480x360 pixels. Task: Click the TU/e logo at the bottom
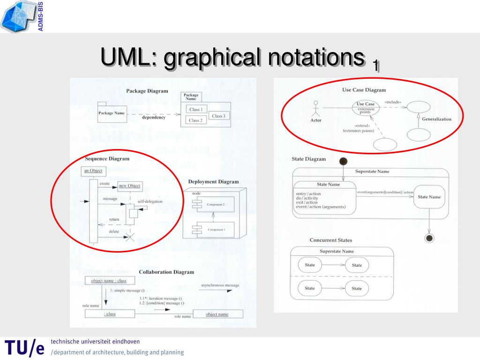[24, 347]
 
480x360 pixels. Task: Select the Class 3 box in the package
[218, 116]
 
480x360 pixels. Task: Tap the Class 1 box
[196, 109]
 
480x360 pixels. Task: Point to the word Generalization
[436, 119]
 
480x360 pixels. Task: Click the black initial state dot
[343, 161]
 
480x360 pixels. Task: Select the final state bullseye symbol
[428, 238]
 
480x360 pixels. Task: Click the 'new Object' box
[129, 186]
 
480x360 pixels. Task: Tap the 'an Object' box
[93, 171]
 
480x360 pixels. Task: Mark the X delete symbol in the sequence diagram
[130, 236]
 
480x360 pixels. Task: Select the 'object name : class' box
[109, 281]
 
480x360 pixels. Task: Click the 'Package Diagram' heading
[147, 91]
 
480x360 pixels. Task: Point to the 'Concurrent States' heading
[330, 240]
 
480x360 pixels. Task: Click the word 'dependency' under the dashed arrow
[154, 118]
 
